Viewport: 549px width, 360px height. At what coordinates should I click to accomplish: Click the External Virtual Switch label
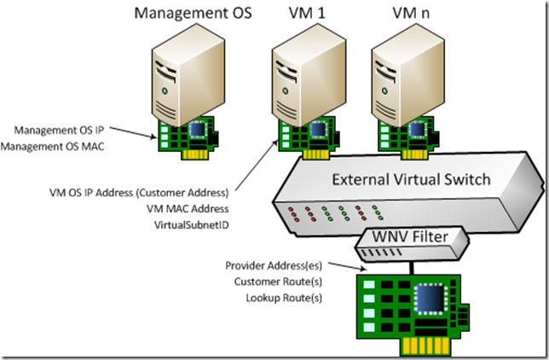coord(411,181)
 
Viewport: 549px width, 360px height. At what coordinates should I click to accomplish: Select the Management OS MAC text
coord(65,147)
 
